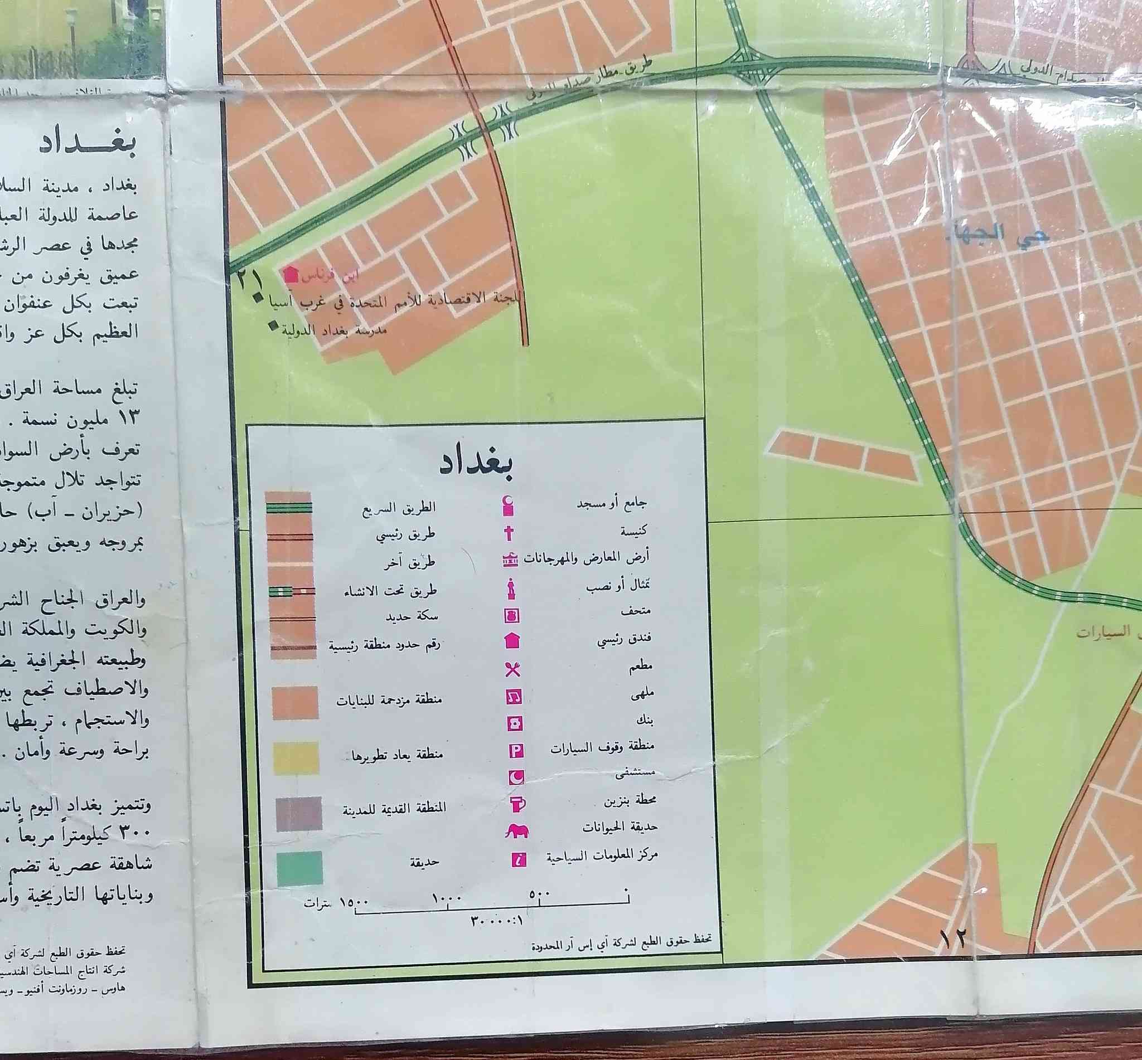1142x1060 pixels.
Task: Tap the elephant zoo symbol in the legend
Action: point(516,831)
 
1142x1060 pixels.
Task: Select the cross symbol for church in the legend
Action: point(509,534)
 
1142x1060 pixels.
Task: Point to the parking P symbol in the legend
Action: point(515,750)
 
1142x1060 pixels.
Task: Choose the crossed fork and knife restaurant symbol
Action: point(512,669)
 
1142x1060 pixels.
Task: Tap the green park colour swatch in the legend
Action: point(299,868)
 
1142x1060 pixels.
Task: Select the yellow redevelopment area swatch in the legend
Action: point(296,758)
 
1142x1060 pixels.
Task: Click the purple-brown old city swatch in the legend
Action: point(298,813)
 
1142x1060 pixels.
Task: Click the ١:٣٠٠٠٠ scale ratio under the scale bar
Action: point(497,921)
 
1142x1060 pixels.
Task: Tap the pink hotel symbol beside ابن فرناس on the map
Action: point(292,275)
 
